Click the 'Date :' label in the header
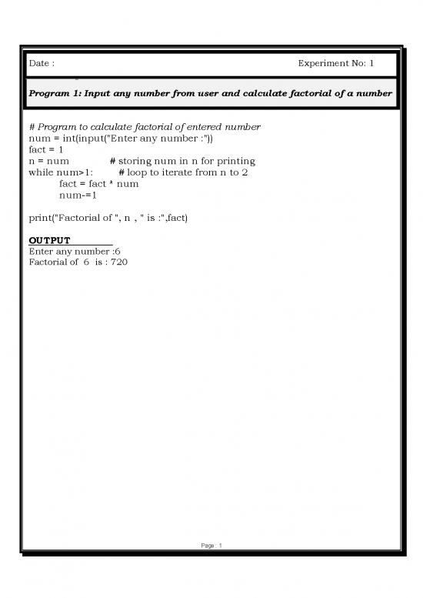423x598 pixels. [42, 64]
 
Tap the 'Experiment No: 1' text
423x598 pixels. [335, 64]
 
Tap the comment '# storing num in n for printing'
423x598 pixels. [182, 161]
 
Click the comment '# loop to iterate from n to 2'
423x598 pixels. [183, 172]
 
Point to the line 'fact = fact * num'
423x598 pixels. [98, 184]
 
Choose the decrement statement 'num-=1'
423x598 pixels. [78, 195]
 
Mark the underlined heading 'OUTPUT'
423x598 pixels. [49, 241]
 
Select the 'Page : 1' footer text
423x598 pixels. [210, 546]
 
